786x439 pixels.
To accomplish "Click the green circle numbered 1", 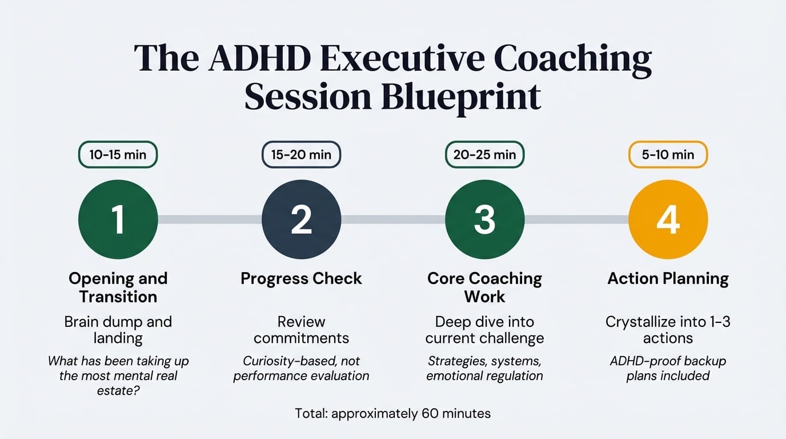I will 118,219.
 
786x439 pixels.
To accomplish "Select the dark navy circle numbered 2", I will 301,219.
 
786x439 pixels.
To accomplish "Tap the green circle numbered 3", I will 484,219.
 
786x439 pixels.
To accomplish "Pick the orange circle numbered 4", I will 668,219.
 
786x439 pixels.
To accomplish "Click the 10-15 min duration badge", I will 118,154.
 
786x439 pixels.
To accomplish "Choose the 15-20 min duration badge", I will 301,154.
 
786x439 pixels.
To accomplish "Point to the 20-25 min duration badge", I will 484,154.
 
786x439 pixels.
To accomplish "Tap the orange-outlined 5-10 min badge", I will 668,154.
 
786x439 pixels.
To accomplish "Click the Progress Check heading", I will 301,278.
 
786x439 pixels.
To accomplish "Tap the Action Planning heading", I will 668,278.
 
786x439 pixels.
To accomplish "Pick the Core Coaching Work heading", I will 484,288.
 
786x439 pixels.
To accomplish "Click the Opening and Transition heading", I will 118,288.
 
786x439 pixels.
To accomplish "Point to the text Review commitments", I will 301,330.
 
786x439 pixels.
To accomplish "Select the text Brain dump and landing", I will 118,330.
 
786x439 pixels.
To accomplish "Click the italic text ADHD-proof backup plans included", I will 668,369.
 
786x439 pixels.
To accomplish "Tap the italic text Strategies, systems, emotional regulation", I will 484,369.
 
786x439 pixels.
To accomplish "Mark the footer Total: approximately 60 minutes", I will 392,413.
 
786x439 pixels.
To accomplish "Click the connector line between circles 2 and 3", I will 393,219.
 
